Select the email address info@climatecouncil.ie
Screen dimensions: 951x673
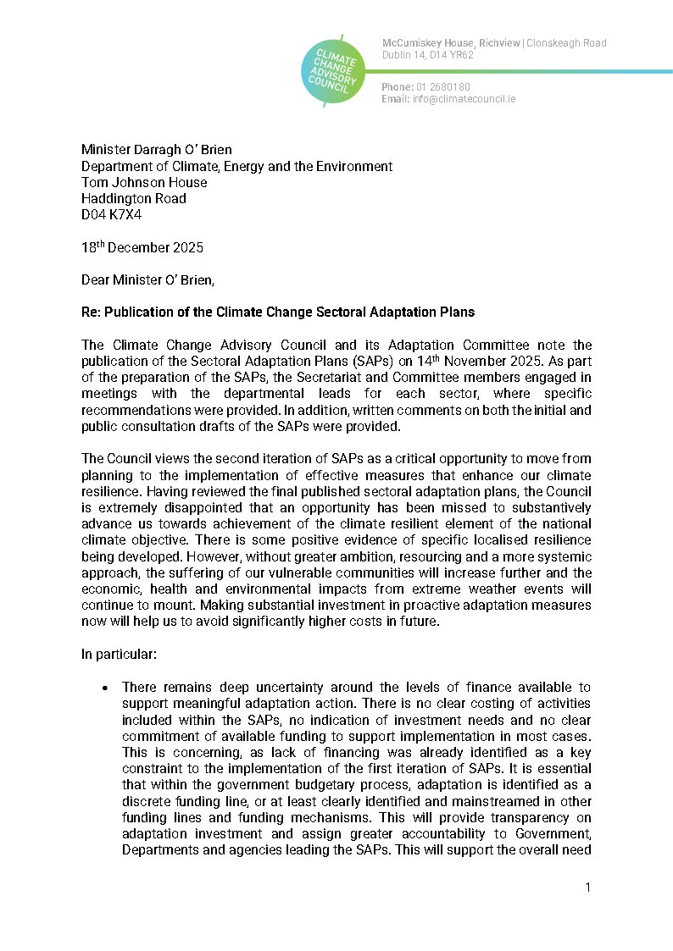coord(464,99)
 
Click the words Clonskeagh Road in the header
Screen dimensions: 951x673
coord(566,43)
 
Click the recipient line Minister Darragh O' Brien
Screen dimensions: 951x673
coord(156,150)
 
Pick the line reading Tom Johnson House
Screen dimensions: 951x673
coord(144,182)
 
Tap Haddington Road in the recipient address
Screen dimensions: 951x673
coord(133,198)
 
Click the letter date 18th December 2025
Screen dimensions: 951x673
coord(142,248)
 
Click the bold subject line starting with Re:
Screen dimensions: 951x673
coord(278,312)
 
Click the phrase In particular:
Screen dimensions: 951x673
coord(114,654)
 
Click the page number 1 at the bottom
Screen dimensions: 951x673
coord(587,887)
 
